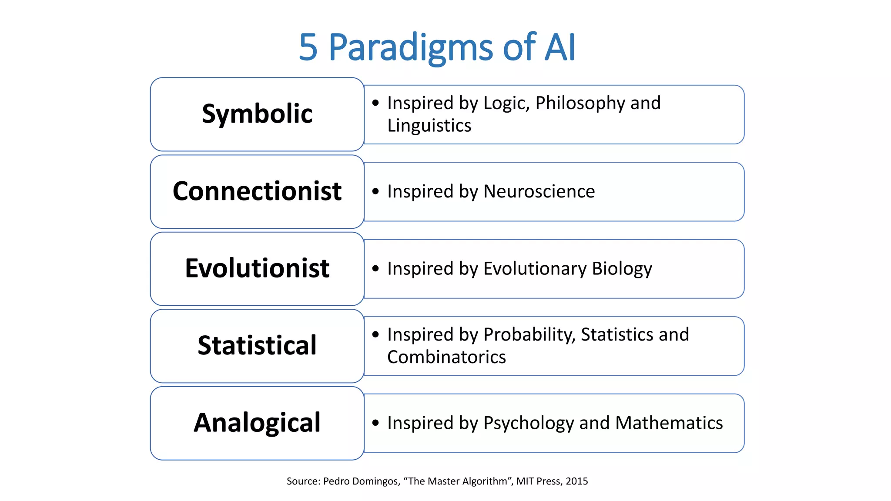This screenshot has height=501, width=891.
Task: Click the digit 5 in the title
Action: (x=308, y=47)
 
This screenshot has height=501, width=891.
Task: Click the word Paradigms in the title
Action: (x=411, y=47)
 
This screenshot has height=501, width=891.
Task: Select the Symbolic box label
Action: (x=257, y=114)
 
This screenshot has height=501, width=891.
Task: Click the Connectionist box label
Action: (x=257, y=191)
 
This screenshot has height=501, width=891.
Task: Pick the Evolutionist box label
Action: (x=257, y=268)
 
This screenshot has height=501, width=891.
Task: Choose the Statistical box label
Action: (x=257, y=345)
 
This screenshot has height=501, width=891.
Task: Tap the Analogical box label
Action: (x=257, y=423)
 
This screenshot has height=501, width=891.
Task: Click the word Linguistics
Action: (x=429, y=126)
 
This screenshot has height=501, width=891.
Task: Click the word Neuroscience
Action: (x=539, y=191)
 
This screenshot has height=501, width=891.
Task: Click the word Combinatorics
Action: (x=446, y=357)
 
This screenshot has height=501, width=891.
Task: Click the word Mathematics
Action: (x=669, y=423)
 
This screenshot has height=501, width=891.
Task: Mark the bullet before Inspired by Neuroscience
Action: (x=375, y=191)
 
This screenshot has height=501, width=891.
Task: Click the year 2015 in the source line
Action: (x=576, y=481)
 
